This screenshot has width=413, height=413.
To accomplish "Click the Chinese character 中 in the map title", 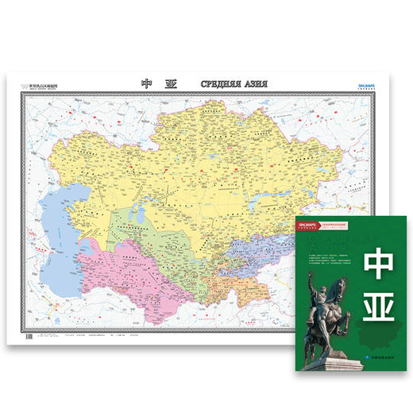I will pyautogui.click(x=146, y=83).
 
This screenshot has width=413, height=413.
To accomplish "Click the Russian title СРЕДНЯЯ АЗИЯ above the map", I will pyautogui.click(x=231, y=83).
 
